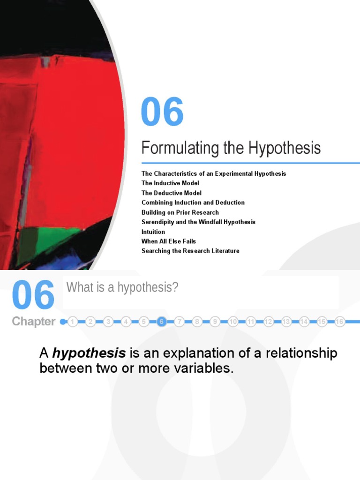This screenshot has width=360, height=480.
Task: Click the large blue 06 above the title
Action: click(162, 112)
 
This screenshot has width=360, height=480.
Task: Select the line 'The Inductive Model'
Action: click(170, 183)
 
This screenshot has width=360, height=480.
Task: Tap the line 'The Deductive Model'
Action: click(172, 193)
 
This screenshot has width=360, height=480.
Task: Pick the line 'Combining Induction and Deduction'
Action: click(193, 202)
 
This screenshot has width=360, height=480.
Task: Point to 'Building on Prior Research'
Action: click(180, 212)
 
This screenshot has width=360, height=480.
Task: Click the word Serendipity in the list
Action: click(158, 222)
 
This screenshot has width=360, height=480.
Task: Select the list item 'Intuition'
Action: click(153, 232)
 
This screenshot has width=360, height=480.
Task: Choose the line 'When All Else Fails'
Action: click(169, 241)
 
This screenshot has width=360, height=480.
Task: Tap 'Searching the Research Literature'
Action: click(190, 251)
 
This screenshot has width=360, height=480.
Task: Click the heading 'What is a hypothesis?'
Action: click(122, 287)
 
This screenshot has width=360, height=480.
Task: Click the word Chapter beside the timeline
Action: click(33, 322)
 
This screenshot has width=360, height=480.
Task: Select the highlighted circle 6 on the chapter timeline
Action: click(162, 322)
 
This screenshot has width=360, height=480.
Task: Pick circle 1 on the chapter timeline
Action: click(73, 322)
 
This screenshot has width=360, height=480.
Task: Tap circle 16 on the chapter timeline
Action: click(340, 322)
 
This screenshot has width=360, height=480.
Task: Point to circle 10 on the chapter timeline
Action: click(233, 322)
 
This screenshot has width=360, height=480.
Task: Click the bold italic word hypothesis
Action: click(89, 353)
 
